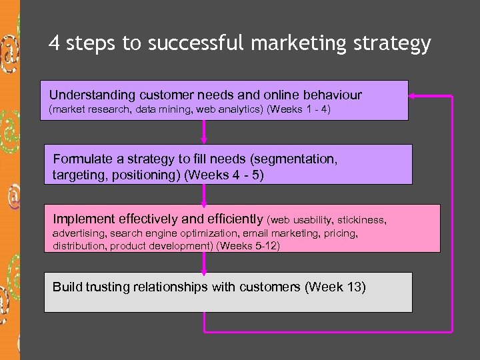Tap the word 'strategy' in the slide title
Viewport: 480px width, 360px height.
click(395, 45)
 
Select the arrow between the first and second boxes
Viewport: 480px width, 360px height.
click(204, 132)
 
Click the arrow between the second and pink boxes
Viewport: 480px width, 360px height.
click(204, 195)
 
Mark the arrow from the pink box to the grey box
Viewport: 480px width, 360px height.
click(204, 263)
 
